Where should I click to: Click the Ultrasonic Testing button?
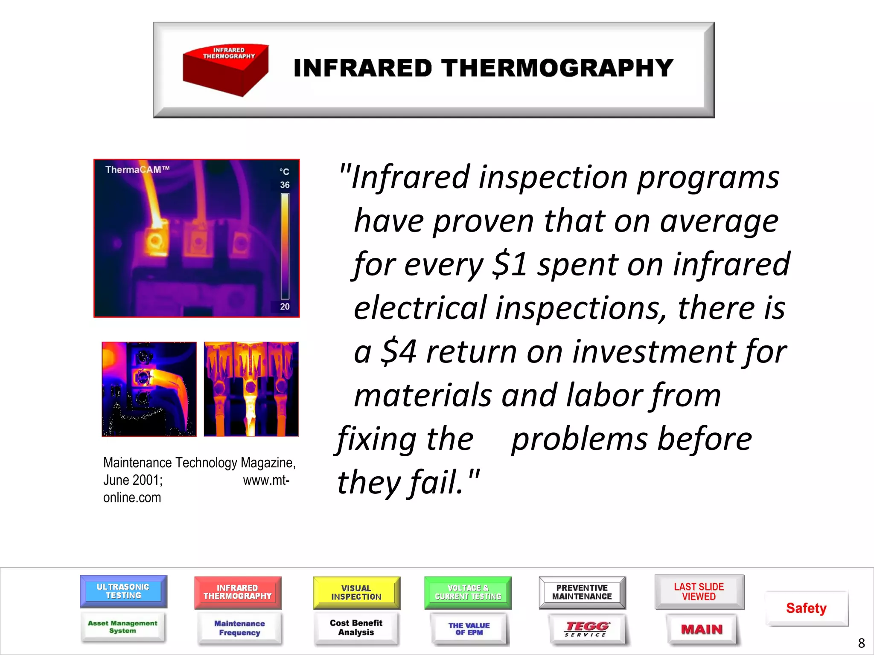(123, 591)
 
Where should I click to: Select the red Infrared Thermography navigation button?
(238, 592)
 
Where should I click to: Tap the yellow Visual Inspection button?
(356, 592)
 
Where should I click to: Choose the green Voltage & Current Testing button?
(468, 592)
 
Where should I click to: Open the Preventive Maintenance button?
(582, 592)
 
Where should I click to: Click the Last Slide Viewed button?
(699, 591)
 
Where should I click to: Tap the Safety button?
(807, 608)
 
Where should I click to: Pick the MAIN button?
(702, 629)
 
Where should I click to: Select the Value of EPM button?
(469, 629)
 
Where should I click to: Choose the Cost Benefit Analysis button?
(356, 628)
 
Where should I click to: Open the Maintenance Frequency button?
(239, 628)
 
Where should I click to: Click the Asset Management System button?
(122, 627)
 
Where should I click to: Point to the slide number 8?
(861, 643)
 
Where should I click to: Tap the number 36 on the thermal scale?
(285, 185)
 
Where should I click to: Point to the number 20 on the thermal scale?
(285, 306)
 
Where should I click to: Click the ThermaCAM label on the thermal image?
(137, 170)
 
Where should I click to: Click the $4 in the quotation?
(399, 351)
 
